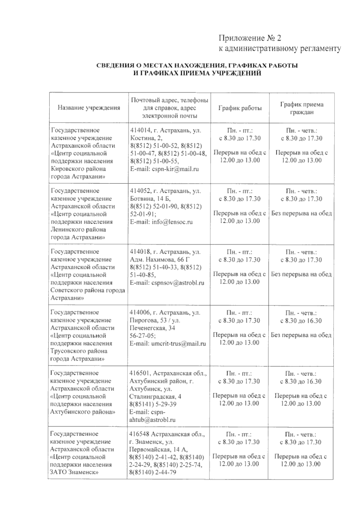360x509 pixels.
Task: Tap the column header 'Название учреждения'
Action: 89,108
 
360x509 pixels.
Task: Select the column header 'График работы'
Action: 240,108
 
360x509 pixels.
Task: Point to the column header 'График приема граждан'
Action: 301,108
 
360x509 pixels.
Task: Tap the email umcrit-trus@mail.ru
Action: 179,344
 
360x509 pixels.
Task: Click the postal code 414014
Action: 139,130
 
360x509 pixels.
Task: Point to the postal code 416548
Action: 139,434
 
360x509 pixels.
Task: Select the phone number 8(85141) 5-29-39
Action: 153,404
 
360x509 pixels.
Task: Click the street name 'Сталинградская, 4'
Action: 155,397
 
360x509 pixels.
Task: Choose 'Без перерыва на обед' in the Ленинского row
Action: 301,214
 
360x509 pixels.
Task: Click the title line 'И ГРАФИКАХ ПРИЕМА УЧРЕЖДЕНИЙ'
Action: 197,73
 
